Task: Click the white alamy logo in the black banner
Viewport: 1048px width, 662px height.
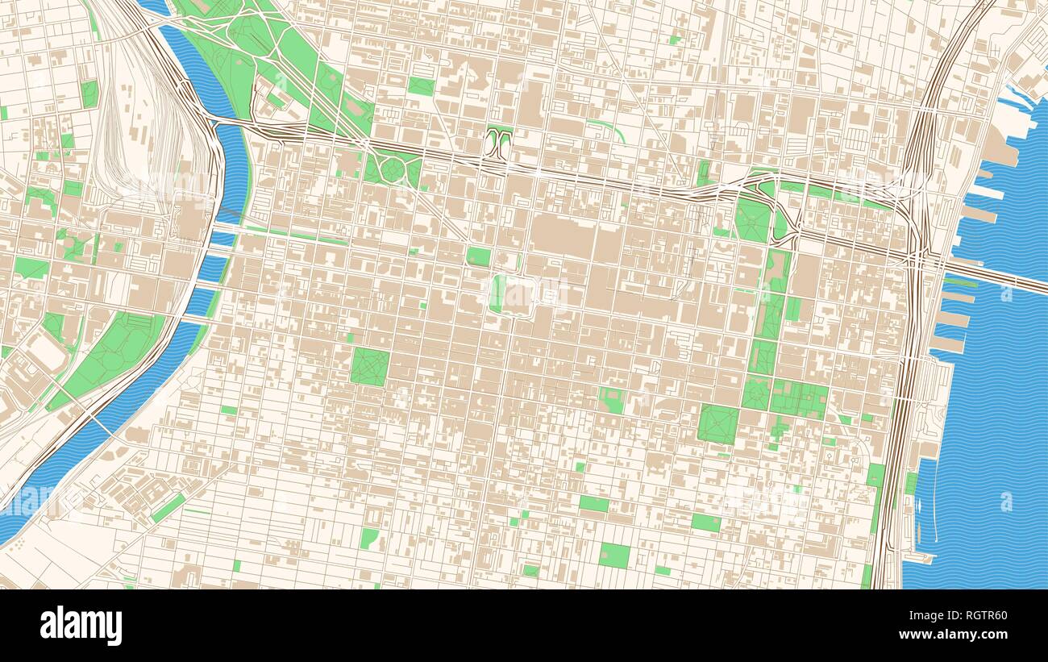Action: tap(81, 626)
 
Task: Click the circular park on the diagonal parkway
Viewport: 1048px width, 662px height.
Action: tap(393, 169)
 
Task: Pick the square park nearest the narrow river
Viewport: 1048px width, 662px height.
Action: tap(370, 365)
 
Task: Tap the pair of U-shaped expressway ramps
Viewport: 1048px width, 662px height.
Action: tap(501, 144)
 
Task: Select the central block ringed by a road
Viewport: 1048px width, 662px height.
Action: tap(517, 296)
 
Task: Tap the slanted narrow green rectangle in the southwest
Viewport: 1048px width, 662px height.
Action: tap(168, 509)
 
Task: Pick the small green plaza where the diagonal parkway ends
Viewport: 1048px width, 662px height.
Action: tap(478, 256)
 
